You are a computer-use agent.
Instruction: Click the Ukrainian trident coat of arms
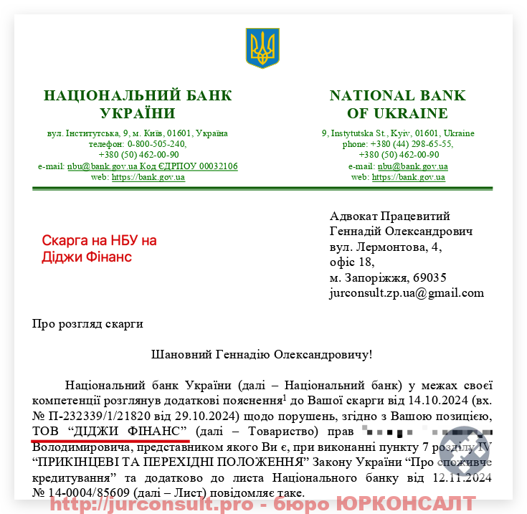[x=262, y=49]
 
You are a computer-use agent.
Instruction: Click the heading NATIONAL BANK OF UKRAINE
[x=397, y=105]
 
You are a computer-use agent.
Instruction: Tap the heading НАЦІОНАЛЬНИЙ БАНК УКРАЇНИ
[x=138, y=105]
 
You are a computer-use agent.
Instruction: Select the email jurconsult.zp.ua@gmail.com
[x=407, y=292]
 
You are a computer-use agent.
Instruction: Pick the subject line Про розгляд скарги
[x=87, y=323]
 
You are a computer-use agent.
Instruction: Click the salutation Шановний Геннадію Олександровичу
[x=262, y=353]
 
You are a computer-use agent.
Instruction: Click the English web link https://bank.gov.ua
[x=409, y=177]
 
